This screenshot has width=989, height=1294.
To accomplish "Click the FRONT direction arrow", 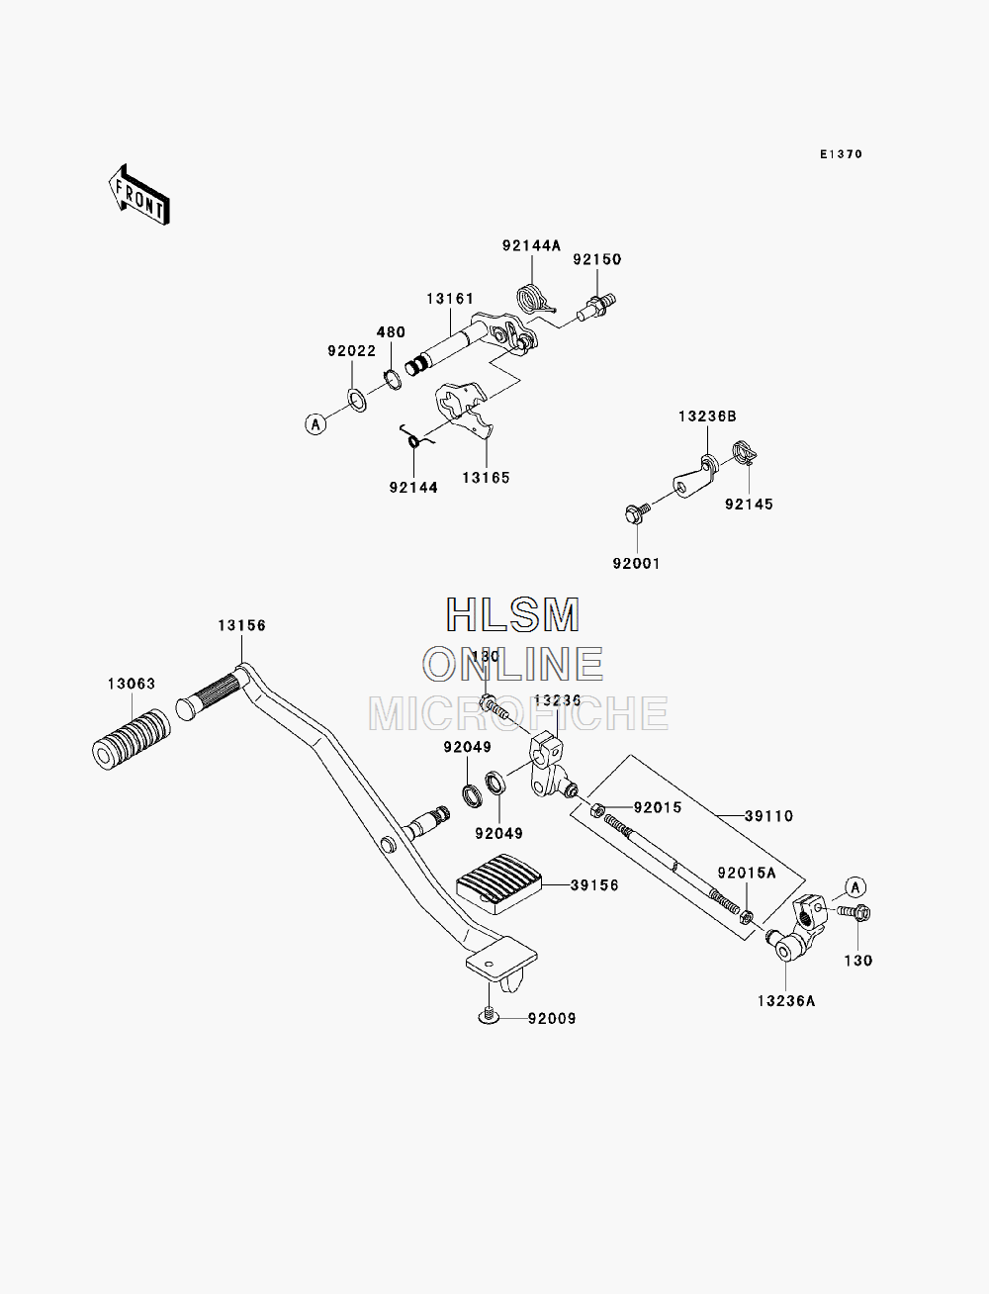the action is pyautogui.click(x=139, y=195).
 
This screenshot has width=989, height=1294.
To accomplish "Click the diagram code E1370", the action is pyautogui.click(x=841, y=154).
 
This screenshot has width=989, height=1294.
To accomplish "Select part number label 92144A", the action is pyautogui.click(x=531, y=245).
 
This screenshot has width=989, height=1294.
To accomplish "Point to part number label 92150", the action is pyautogui.click(x=597, y=259).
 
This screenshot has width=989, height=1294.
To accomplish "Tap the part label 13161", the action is pyautogui.click(x=450, y=299).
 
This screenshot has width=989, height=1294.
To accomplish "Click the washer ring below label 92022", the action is pyautogui.click(x=357, y=401).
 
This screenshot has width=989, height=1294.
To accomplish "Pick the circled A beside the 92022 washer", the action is pyautogui.click(x=315, y=423).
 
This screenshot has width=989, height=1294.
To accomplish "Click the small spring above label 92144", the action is pyautogui.click(x=415, y=438).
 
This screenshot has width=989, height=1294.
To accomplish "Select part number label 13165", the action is pyautogui.click(x=486, y=478).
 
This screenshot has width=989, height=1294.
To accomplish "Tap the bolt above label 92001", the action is pyautogui.click(x=636, y=512).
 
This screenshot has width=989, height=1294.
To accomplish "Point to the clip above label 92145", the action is pyautogui.click(x=745, y=453).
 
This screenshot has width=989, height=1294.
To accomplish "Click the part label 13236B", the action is pyautogui.click(x=707, y=416).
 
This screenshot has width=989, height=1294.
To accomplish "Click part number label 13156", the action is pyautogui.click(x=241, y=625).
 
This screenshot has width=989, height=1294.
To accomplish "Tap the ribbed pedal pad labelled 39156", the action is pyautogui.click(x=499, y=884).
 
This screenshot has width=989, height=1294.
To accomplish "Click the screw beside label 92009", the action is pyautogui.click(x=489, y=1014).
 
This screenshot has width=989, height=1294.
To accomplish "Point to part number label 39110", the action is pyautogui.click(x=768, y=816).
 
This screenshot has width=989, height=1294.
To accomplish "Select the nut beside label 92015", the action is pyautogui.click(x=597, y=810).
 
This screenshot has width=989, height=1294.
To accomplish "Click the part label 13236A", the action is pyautogui.click(x=786, y=1001).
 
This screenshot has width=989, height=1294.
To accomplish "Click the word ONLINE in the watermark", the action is pyautogui.click(x=513, y=664).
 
